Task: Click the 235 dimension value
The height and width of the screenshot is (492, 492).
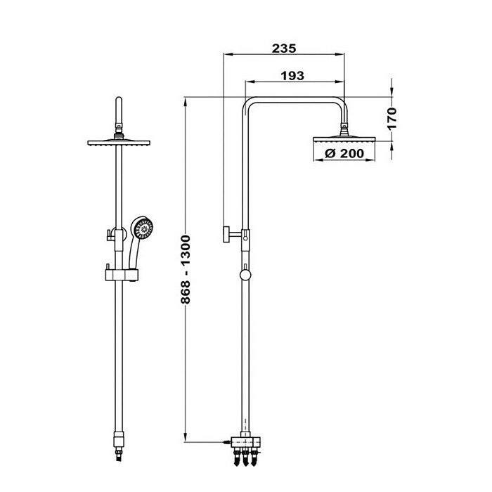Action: point(284,48)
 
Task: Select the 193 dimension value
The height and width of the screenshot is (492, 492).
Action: point(292,76)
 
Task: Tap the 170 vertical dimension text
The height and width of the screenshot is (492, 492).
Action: point(391,119)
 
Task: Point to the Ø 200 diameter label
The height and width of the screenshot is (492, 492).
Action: point(344,153)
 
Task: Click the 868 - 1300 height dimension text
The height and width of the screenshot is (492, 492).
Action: point(186,269)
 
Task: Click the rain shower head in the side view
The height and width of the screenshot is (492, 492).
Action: point(344,139)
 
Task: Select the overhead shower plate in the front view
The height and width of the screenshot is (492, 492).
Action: point(119,143)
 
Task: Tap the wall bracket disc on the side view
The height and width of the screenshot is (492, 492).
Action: point(226,234)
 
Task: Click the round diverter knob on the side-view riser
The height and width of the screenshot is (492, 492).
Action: point(245,276)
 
